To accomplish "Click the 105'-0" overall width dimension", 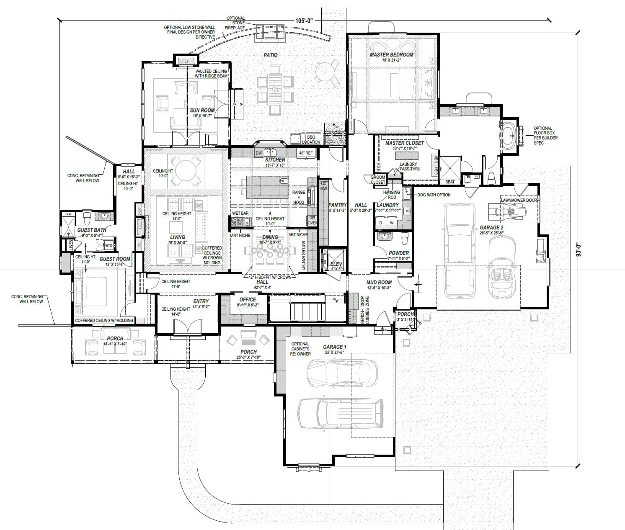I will [x=305, y=21].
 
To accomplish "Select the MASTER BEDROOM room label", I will [x=391, y=55].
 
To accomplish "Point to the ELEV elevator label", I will [x=335, y=263].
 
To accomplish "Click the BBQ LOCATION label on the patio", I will [x=313, y=140].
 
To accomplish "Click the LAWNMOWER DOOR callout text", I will [x=519, y=200].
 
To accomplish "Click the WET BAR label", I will [x=240, y=214].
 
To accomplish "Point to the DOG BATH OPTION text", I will [x=434, y=195].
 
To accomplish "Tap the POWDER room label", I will [x=398, y=253].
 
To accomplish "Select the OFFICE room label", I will [x=247, y=299].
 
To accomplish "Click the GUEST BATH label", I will [x=91, y=230].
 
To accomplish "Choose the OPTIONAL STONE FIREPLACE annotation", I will [x=235, y=23].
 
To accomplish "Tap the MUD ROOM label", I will [x=379, y=283].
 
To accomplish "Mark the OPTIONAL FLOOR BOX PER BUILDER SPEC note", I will [x=543, y=136].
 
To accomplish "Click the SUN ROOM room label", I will [x=202, y=111].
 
